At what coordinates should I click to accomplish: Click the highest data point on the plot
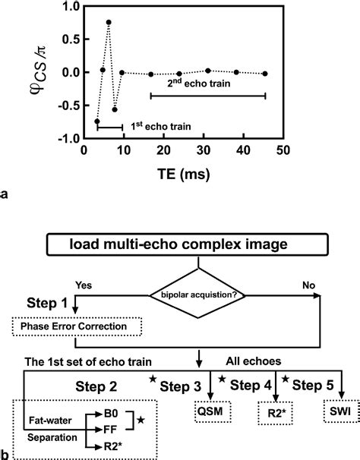(109, 23)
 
